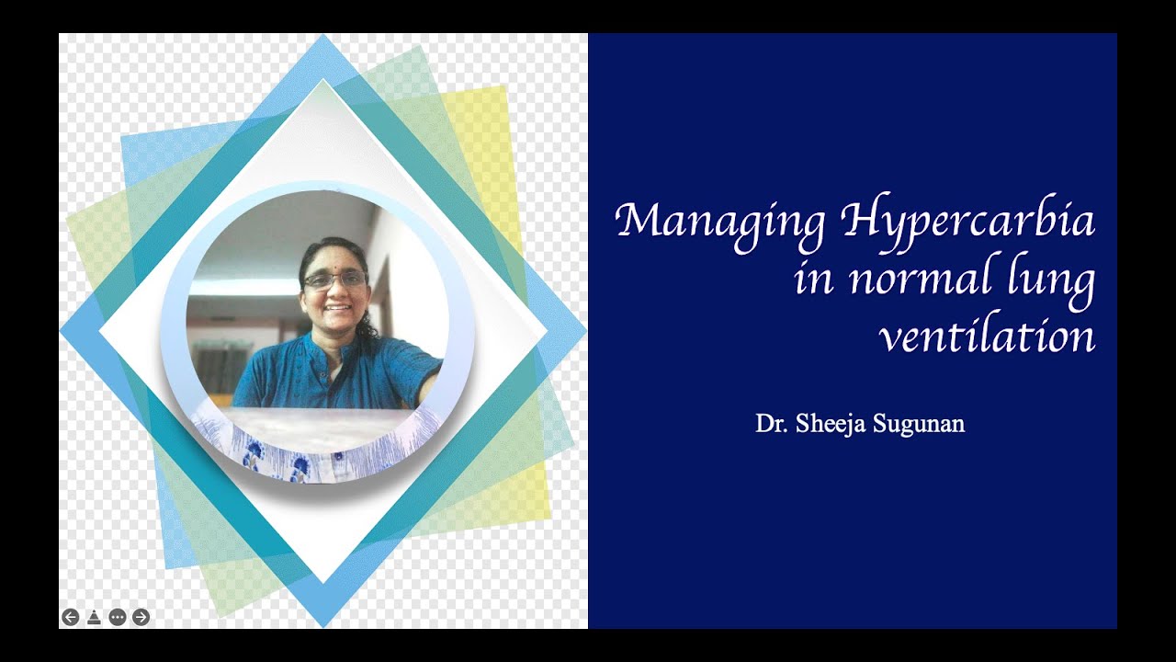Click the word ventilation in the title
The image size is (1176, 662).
[988, 337]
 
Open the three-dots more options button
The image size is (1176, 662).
[117, 617]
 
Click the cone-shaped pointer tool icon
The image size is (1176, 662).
[94, 617]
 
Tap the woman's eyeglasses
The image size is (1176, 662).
[334, 280]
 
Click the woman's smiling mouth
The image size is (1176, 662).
[336, 308]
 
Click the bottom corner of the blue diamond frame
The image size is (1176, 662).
[323, 625]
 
